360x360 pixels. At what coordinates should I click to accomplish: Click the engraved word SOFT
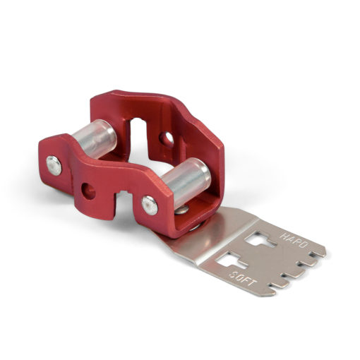(243, 278)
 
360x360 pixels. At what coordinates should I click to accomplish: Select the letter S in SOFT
(233, 274)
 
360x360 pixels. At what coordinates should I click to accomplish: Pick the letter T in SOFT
(253, 282)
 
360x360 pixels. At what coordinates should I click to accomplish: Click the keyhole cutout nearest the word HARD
(259, 239)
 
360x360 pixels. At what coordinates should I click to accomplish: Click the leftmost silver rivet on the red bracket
(54, 165)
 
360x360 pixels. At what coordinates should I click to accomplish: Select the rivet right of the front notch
(150, 205)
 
